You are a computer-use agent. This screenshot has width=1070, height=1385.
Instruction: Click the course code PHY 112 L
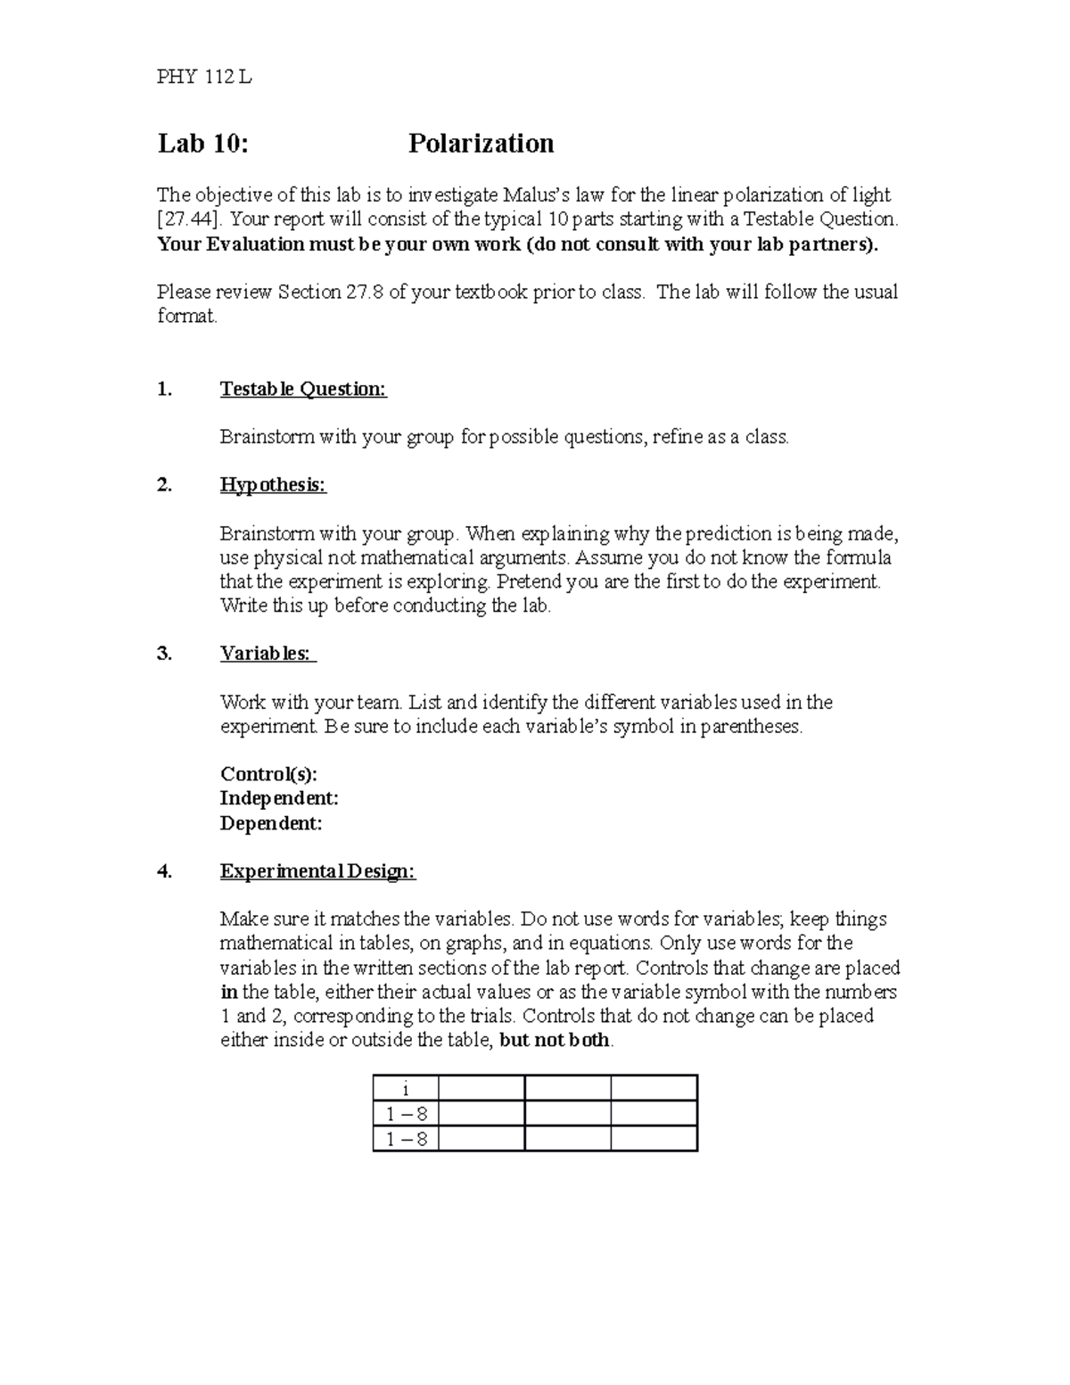[x=204, y=78]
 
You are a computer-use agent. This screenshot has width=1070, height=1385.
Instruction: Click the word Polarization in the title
[x=481, y=144]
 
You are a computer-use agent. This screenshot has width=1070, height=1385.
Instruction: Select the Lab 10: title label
[x=203, y=144]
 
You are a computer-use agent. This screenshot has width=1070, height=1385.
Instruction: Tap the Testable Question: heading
[x=303, y=389]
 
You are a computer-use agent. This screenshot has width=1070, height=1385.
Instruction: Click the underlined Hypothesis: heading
[x=273, y=485]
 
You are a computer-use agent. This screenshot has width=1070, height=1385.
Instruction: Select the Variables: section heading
[x=267, y=654]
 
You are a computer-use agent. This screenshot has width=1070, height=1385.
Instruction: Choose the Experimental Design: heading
[x=317, y=871]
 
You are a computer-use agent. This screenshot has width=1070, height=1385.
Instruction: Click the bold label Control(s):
[x=268, y=774]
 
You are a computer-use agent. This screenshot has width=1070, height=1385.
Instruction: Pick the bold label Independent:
[x=279, y=798]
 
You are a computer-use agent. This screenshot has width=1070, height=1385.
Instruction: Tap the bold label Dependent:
[x=271, y=823]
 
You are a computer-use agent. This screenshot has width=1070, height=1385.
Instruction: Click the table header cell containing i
[x=406, y=1089]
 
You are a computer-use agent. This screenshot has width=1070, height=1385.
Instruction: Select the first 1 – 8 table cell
[x=406, y=1114]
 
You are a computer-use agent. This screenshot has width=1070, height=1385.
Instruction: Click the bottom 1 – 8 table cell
[x=406, y=1139]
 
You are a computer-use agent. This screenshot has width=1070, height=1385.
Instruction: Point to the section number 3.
[x=164, y=654]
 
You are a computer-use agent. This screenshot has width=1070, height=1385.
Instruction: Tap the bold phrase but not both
[x=556, y=1040]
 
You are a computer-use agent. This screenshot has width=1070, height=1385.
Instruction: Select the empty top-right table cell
[x=654, y=1089]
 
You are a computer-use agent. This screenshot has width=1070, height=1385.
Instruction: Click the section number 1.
[x=163, y=389]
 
